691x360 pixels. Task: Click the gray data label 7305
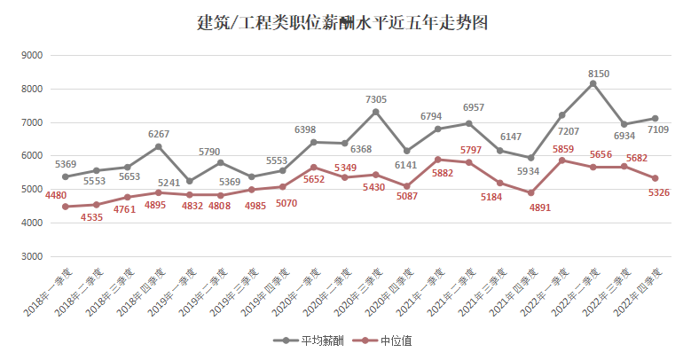(376, 100)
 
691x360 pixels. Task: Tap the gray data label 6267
(159, 134)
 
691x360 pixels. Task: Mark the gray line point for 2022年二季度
(593, 83)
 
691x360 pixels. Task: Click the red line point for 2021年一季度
(438, 160)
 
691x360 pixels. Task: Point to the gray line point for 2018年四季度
(159, 146)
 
